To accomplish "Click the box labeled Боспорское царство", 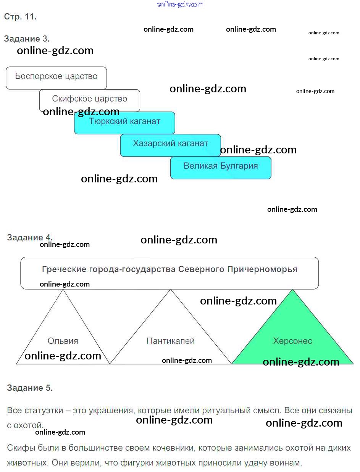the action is point(56,78).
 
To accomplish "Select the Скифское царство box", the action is point(89,100).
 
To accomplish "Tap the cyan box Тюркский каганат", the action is point(124,123).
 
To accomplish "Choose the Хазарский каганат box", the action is point(170,145).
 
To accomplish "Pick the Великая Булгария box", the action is point(221,168).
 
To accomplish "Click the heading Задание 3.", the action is point(27,39).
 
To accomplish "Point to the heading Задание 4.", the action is point(30,237).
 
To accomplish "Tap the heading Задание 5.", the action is point(30,388).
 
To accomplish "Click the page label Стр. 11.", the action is point(20,16).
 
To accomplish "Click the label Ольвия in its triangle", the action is point(63,341).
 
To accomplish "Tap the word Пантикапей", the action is point(171,341).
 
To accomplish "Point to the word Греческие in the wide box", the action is point(64,269).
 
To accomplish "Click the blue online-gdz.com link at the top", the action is point(180,4).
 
